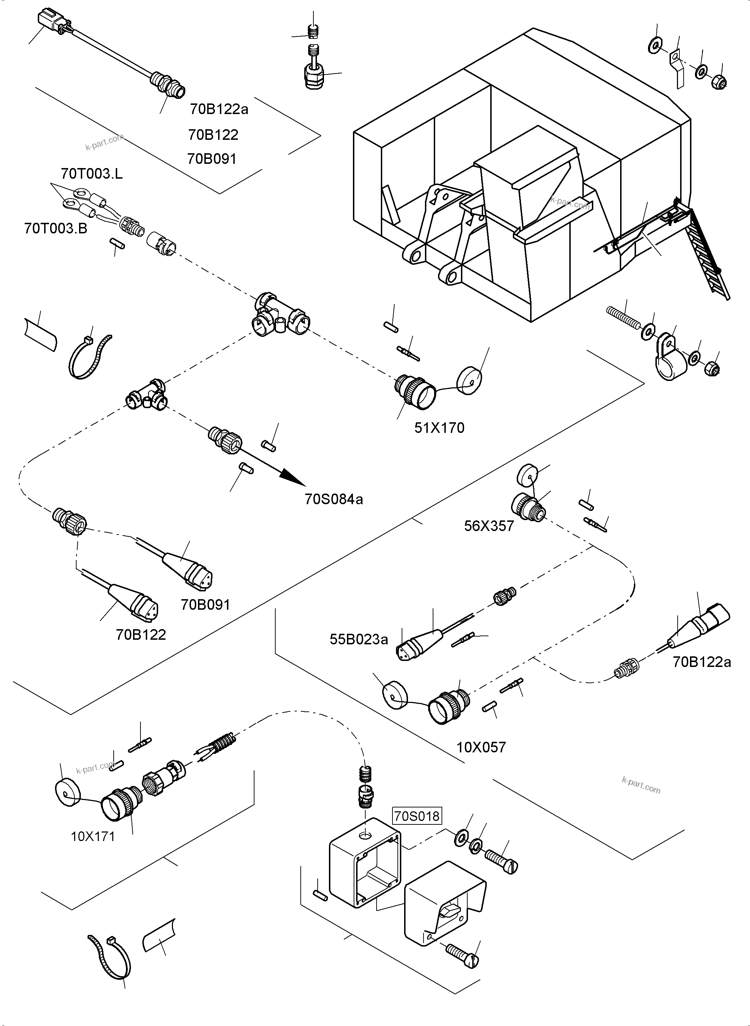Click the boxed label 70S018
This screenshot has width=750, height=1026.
416,816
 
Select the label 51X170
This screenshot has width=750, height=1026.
439,428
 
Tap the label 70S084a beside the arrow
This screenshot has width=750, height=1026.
334,500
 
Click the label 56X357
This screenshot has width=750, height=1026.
488,526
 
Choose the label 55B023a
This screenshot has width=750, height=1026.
359,639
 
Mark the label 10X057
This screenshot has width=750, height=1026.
481,747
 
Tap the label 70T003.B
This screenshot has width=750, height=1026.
55,228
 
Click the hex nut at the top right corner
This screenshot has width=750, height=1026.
719,82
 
